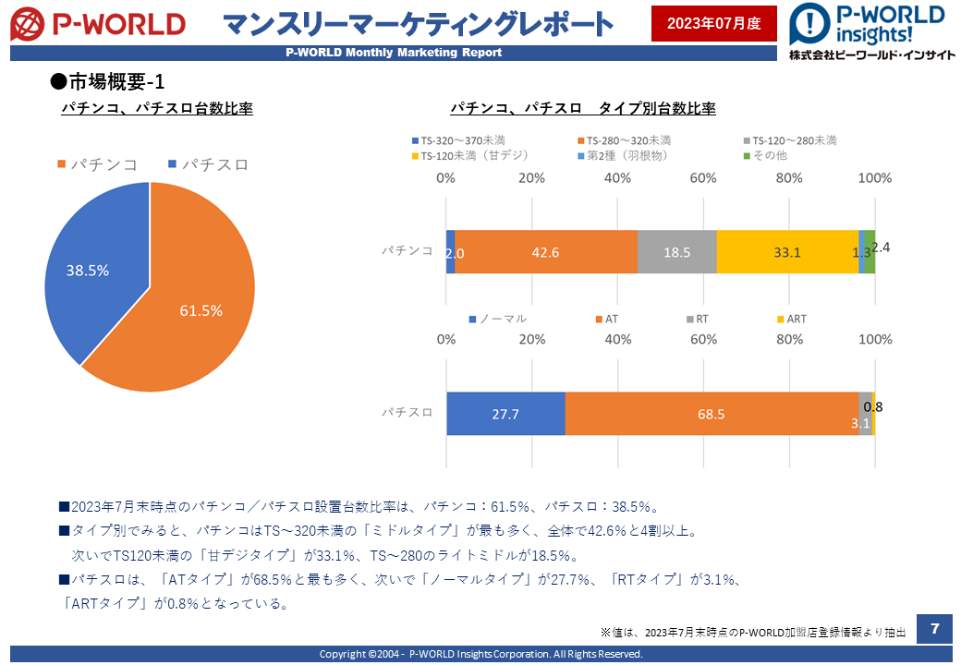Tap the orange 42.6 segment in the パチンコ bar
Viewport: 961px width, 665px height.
click(x=546, y=252)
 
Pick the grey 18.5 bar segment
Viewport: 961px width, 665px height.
click(x=677, y=252)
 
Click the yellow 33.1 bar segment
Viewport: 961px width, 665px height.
click(x=787, y=252)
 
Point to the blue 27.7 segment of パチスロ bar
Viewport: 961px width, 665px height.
click(x=505, y=414)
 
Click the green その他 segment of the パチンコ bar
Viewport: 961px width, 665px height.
click(x=870, y=252)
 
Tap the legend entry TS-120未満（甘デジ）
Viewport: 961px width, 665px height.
click(x=470, y=155)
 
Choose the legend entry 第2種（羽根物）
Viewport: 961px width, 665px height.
click(x=623, y=155)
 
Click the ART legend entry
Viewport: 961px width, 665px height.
click(x=792, y=319)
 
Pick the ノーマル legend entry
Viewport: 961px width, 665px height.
click(x=498, y=319)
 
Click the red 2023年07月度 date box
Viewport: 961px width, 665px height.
click(x=714, y=23)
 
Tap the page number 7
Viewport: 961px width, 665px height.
click(x=934, y=628)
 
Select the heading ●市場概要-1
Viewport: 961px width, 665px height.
click(x=107, y=81)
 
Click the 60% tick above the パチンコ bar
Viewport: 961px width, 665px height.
click(x=703, y=178)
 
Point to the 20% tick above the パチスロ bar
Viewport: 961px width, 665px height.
click(x=532, y=339)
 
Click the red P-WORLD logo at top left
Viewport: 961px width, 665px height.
click(x=98, y=25)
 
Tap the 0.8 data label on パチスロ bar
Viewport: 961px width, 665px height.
click(x=873, y=407)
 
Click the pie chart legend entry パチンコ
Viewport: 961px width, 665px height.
click(x=97, y=164)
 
